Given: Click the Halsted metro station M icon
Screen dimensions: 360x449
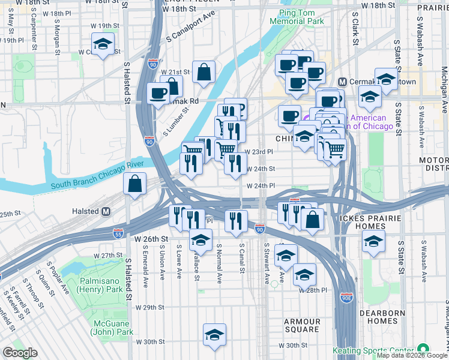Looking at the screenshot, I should coord(106,211).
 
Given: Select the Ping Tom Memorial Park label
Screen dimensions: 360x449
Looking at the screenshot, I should coord(301,16).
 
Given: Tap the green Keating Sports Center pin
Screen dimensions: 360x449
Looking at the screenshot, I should coord(423,349).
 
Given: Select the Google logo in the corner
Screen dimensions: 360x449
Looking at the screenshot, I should coord(20,353).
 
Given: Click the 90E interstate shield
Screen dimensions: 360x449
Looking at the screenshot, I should coord(346,296).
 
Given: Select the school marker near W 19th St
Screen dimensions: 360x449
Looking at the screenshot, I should coord(103,44).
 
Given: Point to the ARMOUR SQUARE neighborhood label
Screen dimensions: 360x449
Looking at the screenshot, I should coord(302,325).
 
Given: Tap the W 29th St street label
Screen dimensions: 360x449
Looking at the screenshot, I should coord(150,308).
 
